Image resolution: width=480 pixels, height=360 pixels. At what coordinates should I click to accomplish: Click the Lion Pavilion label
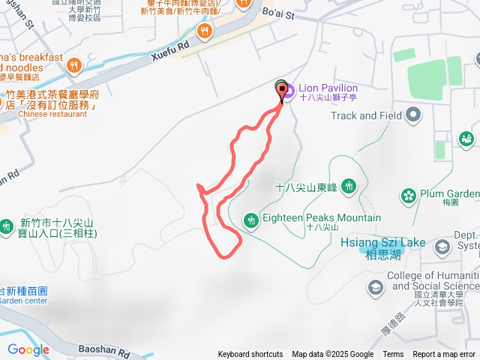tap(328, 88)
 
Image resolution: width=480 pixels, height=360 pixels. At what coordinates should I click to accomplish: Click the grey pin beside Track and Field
tap(412, 115)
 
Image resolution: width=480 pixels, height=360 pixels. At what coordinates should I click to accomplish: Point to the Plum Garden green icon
tap(408, 196)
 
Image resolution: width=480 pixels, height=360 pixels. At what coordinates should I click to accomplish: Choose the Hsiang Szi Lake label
tap(382, 243)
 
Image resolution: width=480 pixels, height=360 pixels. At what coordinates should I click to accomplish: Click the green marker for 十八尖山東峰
tap(348, 186)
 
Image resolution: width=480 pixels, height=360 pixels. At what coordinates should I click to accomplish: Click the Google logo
tap(28, 349)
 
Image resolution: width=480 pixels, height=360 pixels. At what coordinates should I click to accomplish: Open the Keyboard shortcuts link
tap(250, 355)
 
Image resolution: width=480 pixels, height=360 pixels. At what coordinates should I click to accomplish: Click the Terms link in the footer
tap(393, 355)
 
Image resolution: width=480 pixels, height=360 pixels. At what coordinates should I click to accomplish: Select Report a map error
tap(444, 355)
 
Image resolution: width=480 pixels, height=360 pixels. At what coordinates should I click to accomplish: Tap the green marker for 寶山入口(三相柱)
tap(7, 225)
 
